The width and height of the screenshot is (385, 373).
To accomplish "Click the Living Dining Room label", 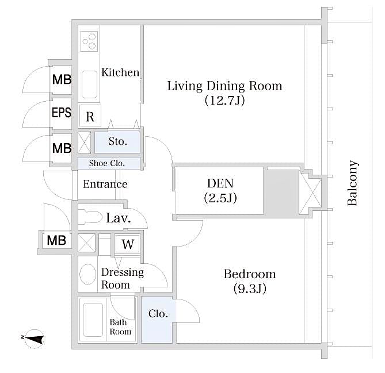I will pos(224,86).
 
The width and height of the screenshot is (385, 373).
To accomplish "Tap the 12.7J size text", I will pos(224,101).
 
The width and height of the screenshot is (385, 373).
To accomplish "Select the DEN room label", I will pos(220,183).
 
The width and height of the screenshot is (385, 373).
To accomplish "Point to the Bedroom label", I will pos(249,274).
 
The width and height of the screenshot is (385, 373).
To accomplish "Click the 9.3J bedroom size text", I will pos(250,288).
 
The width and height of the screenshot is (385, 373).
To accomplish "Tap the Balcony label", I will pos(353,183).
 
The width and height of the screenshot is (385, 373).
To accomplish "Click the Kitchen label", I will pos(120,72).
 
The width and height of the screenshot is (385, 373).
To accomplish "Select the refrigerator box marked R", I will pos(90,117).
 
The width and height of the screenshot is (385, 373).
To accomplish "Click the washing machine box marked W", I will pos(128,244).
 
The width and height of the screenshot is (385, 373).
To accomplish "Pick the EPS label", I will pos(61,113).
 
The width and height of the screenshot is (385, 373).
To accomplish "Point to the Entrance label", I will pos(105,184).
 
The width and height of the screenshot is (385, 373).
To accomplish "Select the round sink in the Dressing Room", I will pos(88,274).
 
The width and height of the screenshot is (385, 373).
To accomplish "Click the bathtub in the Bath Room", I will pos(93,320).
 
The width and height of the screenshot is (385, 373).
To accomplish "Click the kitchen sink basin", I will pos(90,84).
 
